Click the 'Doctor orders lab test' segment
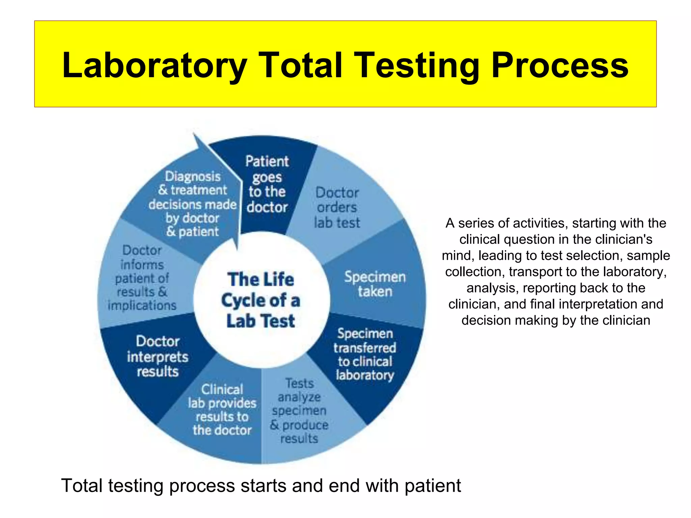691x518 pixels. tap(337, 208)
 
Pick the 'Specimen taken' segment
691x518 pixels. tap(375, 284)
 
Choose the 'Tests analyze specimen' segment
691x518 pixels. tap(299, 411)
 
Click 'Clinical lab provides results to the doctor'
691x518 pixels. tap(222, 410)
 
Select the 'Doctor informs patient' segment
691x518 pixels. tap(142, 278)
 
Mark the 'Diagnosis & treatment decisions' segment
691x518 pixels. tap(192, 204)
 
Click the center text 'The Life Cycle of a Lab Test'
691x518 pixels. tap(260, 300)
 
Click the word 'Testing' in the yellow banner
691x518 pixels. tap(417, 66)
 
